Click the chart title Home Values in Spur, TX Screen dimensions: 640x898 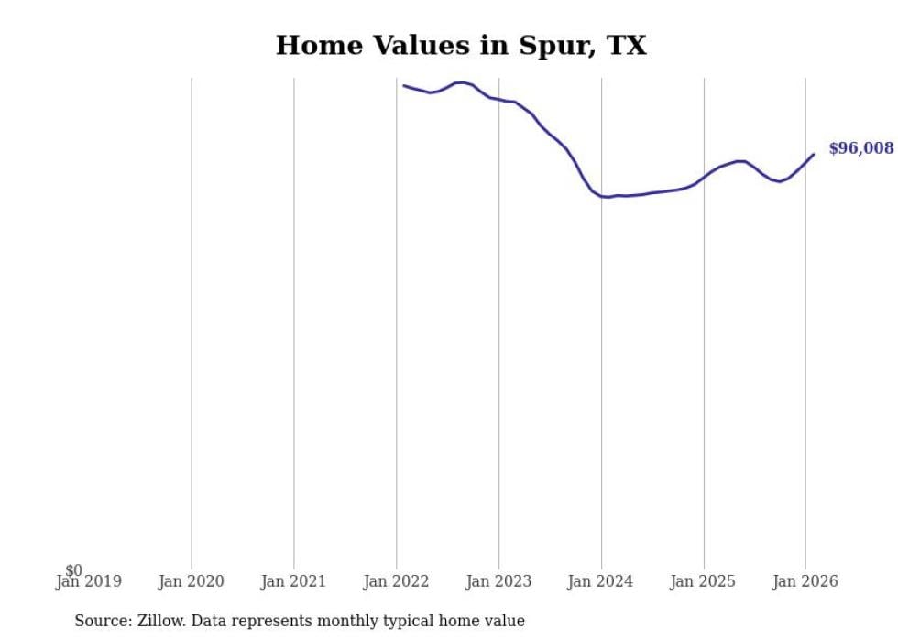point(461,45)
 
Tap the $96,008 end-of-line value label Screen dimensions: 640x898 point(860,148)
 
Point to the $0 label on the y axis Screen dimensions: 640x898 point(73,570)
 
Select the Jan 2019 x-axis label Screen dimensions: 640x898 point(88,581)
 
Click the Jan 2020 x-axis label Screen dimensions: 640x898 point(191,581)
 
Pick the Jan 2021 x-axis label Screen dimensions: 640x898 point(293,581)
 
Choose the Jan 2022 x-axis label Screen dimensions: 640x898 point(396,581)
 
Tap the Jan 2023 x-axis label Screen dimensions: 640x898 point(498,581)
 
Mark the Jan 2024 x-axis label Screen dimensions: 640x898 point(600,581)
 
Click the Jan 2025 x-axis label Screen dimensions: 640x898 point(703,581)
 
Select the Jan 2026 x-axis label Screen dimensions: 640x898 point(805,581)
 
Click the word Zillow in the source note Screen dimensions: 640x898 point(158,621)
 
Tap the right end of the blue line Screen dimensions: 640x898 point(814,154)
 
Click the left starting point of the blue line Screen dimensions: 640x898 point(404,85)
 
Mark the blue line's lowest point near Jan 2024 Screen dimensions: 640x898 point(607,197)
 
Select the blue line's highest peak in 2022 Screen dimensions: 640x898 point(461,82)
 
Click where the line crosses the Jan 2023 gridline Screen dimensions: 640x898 point(498,99)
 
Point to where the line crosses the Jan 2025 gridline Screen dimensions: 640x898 point(704,175)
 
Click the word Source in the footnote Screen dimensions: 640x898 point(102,621)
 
